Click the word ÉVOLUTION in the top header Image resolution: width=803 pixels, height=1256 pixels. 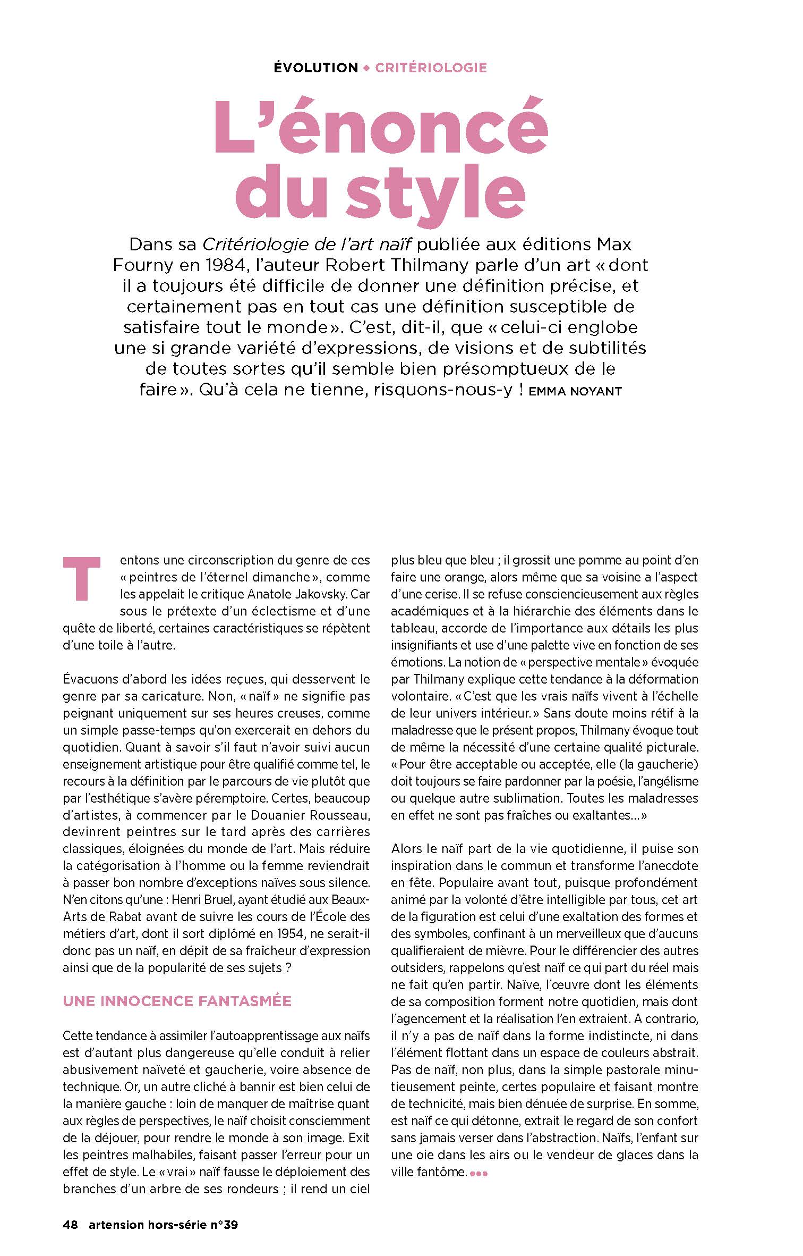(316, 68)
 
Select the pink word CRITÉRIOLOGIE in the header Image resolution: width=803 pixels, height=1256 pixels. (431, 68)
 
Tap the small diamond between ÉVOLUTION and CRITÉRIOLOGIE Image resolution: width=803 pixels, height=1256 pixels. (366, 68)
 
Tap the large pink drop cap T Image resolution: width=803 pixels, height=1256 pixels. (81, 578)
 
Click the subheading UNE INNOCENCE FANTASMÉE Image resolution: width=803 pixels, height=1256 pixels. (177, 1001)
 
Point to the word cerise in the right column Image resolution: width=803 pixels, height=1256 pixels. (433, 594)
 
